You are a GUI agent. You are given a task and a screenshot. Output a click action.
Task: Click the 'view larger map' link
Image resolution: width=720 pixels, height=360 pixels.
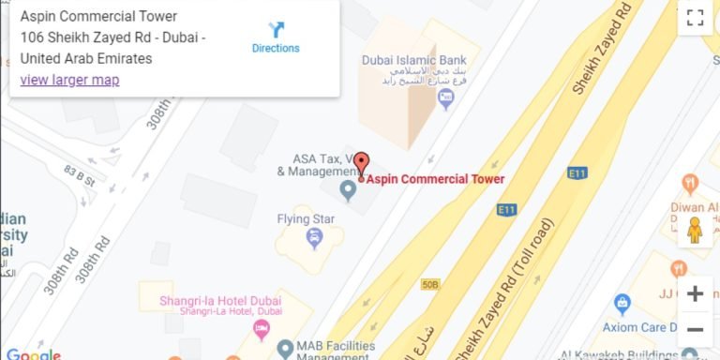click(69, 80)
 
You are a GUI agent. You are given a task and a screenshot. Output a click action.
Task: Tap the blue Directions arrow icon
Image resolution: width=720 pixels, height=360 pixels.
click(276, 29)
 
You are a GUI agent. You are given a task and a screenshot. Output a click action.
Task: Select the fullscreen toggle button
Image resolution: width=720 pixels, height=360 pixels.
click(695, 17)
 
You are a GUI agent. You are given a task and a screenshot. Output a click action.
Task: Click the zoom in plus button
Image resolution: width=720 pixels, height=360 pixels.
click(695, 293)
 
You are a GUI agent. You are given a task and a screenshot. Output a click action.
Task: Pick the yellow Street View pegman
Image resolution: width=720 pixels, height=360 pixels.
click(695, 230)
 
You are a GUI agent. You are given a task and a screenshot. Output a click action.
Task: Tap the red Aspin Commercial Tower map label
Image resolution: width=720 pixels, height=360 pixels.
click(435, 179)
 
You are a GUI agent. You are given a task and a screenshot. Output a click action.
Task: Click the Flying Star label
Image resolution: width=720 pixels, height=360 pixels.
click(306, 219)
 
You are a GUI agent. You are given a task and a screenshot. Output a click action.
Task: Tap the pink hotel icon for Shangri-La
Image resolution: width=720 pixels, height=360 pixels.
click(262, 328)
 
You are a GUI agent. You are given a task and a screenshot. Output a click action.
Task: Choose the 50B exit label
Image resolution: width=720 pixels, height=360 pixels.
click(430, 283)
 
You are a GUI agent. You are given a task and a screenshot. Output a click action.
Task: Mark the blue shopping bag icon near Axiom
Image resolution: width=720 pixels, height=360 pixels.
click(622, 304)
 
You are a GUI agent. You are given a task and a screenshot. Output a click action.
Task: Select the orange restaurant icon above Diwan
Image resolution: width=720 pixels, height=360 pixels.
click(691, 183)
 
